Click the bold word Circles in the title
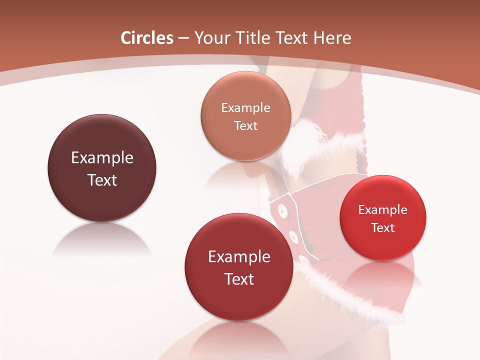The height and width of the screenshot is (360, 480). (x=146, y=38)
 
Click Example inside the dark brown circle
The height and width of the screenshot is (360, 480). (x=102, y=158)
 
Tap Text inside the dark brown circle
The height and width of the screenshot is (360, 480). (x=102, y=180)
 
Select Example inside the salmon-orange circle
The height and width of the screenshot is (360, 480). (x=245, y=108)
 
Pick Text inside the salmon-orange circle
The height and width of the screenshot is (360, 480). (x=245, y=125)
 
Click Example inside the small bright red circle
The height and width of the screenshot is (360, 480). (x=382, y=210)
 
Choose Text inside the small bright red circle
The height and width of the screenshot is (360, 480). (x=383, y=227)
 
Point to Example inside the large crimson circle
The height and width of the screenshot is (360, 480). (x=239, y=257)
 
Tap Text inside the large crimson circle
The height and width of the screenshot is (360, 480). (x=239, y=279)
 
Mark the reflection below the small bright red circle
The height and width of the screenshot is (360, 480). (x=383, y=275)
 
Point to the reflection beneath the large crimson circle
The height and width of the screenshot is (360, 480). (x=239, y=337)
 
